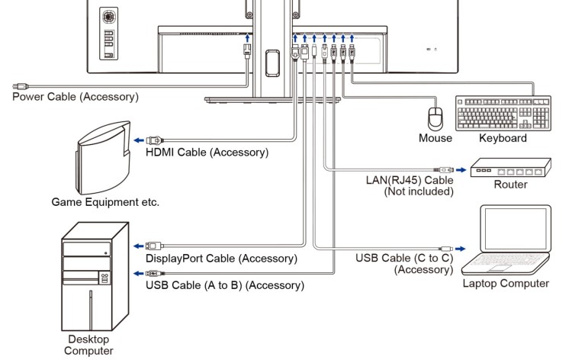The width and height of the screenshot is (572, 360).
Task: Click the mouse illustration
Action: point(435,118)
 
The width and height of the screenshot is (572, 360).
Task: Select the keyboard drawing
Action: point(503,114)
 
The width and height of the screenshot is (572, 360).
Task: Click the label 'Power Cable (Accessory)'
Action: point(76,97)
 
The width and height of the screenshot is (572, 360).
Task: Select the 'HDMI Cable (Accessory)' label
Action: point(207,152)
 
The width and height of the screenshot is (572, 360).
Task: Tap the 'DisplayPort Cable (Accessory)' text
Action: point(221,259)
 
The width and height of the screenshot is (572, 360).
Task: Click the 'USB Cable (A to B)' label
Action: point(225,285)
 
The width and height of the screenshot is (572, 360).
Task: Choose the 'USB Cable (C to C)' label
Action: point(405,258)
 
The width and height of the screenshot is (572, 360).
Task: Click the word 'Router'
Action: point(510,185)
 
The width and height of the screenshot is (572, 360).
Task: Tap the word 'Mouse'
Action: point(435,138)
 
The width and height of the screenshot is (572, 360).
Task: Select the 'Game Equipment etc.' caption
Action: point(105,202)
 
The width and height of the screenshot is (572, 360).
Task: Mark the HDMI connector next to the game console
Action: point(156,140)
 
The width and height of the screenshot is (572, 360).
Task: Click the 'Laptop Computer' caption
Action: point(506,284)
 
